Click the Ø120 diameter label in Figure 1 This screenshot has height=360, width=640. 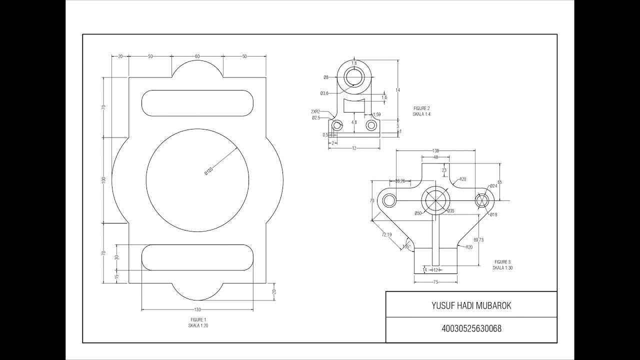[209, 170]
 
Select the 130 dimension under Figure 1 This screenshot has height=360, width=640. [197, 310]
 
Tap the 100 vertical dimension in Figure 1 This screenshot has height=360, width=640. [103, 179]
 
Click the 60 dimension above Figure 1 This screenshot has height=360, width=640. [197, 56]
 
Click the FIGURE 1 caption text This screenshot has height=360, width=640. [198, 319]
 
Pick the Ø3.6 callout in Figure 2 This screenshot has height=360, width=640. [324, 93]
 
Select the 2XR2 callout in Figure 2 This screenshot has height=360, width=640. [315, 112]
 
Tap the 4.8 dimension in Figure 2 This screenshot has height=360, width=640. [354, 122]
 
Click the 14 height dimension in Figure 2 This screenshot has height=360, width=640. [398, 90]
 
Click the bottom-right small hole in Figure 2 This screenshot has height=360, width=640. [371, 125]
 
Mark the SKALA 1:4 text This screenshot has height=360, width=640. [421, 114]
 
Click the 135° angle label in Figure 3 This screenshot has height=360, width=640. [407, 246]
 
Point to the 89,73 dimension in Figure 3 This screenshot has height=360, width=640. [478, 240]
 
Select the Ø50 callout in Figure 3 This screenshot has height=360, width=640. [418, 213]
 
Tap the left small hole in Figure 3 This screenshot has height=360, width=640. [389, 200]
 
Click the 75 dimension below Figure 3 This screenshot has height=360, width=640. [435, 282]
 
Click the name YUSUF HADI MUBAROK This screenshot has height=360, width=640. [471, 305]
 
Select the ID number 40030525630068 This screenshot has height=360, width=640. [471, 329]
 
